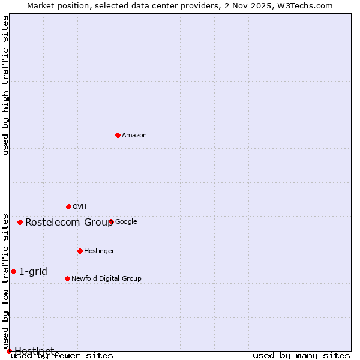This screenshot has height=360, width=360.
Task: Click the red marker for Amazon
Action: [118, 135]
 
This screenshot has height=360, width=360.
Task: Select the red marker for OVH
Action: [68, 206]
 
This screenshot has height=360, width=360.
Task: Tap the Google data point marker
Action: [111, 221]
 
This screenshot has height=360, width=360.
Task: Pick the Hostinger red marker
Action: [80, 251]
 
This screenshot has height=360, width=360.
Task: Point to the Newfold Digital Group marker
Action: [67, 278]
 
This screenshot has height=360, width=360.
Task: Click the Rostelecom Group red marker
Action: [20, 222]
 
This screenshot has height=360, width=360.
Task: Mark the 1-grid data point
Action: [13, 271]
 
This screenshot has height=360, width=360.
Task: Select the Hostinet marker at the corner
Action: [9, 351]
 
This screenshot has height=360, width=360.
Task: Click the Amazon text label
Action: [134, 136]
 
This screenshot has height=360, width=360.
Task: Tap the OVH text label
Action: [80, 207]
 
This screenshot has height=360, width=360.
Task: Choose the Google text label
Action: [126, 222]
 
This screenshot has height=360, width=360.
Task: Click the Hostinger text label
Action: [99, 251]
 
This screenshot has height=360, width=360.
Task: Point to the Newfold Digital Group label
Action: [106, 279]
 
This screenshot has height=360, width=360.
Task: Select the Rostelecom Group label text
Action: [69, 222]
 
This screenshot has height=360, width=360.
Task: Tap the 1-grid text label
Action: [33, 271]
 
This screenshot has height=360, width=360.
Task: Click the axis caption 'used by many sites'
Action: [301, 356]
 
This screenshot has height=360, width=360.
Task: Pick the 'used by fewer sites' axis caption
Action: [62, 356]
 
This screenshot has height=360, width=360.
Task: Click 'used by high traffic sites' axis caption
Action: [6, 85]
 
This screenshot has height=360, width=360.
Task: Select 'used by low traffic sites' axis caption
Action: [6, 281]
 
